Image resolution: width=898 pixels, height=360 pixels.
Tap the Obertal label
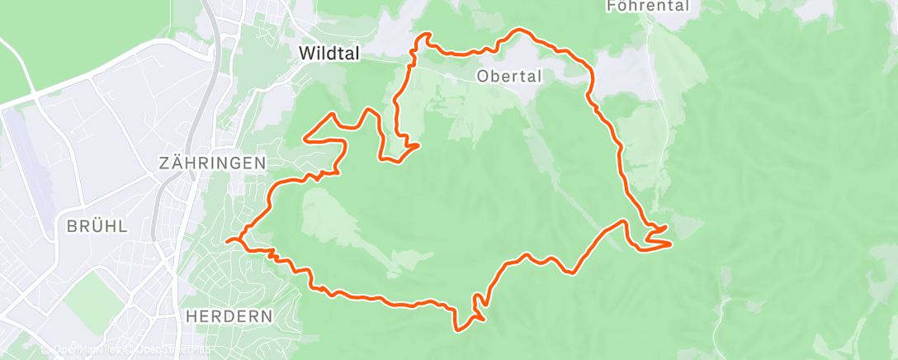point(509,77)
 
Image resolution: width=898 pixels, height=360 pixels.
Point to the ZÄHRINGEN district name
point(213,163)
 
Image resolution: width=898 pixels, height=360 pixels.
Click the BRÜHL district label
point(97,226)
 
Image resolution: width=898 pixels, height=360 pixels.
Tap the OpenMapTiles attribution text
point(83,350)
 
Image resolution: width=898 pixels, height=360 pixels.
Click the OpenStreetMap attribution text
point(173,350)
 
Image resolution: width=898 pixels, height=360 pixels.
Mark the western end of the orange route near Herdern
point(227,240)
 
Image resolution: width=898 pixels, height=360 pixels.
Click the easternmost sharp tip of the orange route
point(669,244)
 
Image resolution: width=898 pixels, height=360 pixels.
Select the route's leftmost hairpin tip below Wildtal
point(306,139)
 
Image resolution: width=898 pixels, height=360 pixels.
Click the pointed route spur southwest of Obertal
point(418,145)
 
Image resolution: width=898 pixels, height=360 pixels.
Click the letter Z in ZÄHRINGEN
point(164,163)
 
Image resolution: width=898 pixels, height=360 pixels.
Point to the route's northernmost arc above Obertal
point(520,31)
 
